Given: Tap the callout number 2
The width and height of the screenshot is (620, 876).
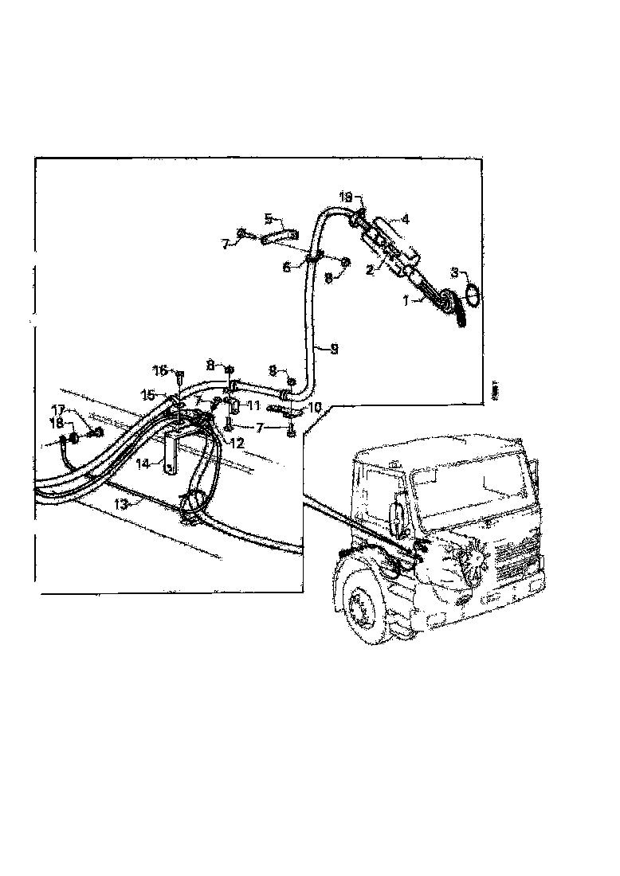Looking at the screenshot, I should (370, 271).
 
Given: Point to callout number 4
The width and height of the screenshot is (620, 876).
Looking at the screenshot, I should (269, 217).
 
